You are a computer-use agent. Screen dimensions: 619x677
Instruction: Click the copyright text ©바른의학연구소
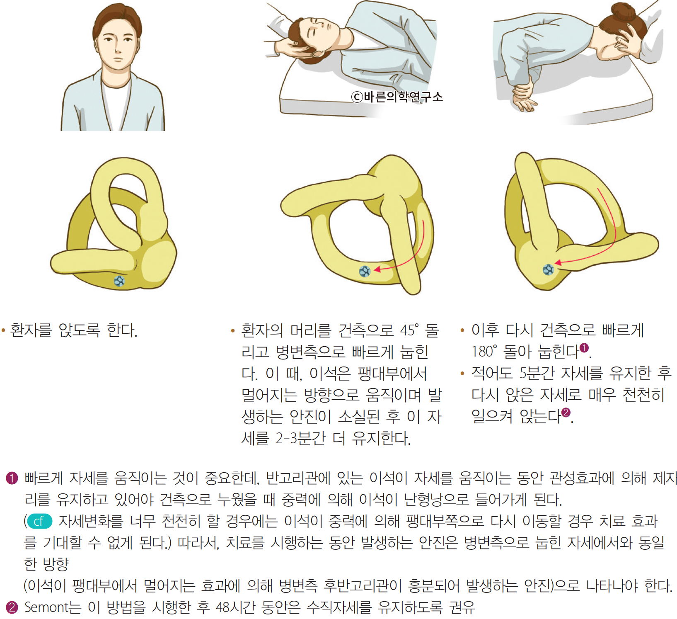tap(397, 97)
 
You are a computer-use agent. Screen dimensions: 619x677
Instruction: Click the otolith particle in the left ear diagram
tap(119, 281)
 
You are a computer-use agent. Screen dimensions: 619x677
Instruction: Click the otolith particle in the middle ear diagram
tap(365, 271)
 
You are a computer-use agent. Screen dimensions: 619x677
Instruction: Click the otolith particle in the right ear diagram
tap(548, 270)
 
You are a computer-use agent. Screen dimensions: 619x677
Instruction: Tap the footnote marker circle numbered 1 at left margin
tap(12, 478)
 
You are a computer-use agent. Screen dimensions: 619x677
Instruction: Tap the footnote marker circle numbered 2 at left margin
tap(12, 608)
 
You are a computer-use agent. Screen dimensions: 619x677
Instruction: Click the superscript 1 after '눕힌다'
tap(584, 347)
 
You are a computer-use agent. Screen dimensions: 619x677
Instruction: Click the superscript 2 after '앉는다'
tap(566, 412)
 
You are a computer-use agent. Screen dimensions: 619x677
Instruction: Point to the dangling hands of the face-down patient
tap(524, 97)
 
